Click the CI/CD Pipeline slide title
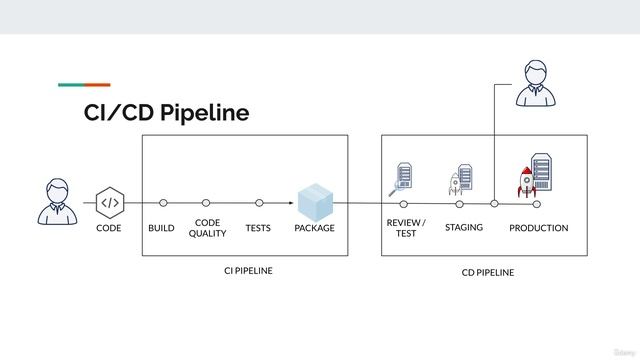click(166, 113)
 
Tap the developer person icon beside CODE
click(58, 201)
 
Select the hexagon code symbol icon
click(109, 202)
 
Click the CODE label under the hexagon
click(109, 228)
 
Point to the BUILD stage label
click(161, 228)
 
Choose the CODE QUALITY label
click(207, 228)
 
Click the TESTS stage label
click(258, 228)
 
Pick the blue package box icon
click(314, 202)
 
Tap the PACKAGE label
click(314, 228)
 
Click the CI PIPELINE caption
click(248, 271)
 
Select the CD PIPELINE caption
click(487, 272)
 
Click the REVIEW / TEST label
click(406, 228)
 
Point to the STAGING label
click(464, 227)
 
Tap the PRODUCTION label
click(538, 228)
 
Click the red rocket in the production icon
click(526, 182)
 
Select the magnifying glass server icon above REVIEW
click(401, 178)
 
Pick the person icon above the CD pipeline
click(536, 83)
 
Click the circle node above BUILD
click(163, 203)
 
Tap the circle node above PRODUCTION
click(537, 204)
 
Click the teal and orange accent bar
click(84, 85)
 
